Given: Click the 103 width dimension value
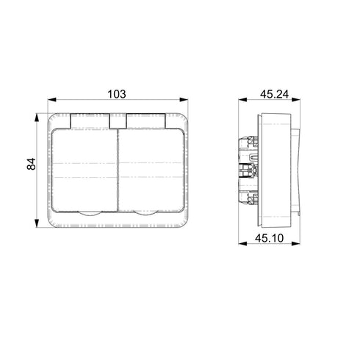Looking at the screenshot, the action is (x=117, y=94).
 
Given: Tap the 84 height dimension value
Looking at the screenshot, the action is (x=32, y=164).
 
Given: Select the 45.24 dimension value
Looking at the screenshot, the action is (x=274, y=94).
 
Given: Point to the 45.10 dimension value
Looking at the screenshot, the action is (x=269, y=238).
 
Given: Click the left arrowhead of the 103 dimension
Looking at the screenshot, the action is (x=52, y=100).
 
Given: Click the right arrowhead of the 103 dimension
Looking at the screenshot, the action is (x=184, y=100).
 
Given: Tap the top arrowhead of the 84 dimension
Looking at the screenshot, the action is (x=37, y=118).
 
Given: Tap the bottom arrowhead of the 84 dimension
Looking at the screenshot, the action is (x=37, y=223).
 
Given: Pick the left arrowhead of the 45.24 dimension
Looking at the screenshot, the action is (x=242, y=100).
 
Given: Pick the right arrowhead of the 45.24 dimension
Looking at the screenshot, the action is (x=296, y=100).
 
